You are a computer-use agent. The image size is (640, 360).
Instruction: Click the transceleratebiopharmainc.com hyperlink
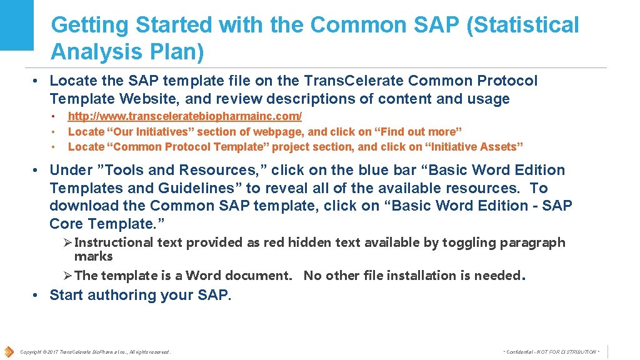pyautogui.click(x=184, y=117)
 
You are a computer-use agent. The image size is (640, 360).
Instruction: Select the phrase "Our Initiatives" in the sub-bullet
pyautogui.click(x=146, y=132)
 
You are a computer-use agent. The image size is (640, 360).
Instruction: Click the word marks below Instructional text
pyautogui.click(x=93, y=256)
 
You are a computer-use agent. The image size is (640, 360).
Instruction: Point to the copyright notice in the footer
pyautogui.click(x=95, y=352)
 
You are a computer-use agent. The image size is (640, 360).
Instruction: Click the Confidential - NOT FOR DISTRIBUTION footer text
pyautogui.click(x=551, y=352)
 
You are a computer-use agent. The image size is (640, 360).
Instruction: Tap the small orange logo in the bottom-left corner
pyautogui.click(x=8, y=351)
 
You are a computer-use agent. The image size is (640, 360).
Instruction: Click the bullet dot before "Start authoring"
pyautogui.click(x=37, y=295)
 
